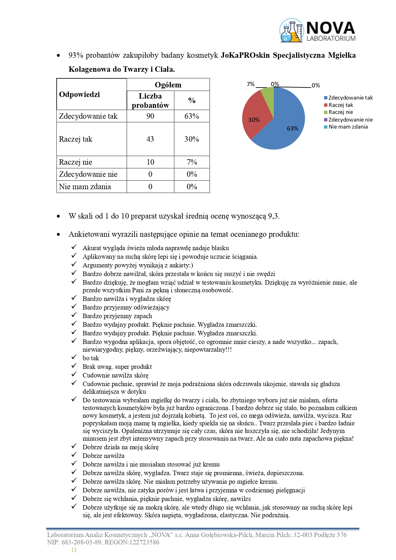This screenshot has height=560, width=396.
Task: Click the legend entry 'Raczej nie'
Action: pyautogui.click(x=340, y=112)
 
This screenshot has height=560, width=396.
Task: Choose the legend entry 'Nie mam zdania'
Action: pyautogui.click(x=348, y=127)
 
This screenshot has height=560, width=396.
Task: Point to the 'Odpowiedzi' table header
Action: pyautogui.click(x=79, y=94)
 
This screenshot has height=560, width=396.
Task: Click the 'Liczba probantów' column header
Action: pyautogui.click(x=150, y=101)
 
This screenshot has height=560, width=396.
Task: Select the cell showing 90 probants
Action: pyautogui.click(x=150, y=116)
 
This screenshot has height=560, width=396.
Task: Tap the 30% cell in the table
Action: pyautogui.click(x=192, y=139)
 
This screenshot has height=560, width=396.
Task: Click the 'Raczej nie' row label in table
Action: pyautogui.click(x=76, y=162)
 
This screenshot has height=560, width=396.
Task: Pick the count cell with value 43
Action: pyautogui.click(x=150, y=139)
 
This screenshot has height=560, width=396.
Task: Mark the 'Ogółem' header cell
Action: pyautogui.click(x=168, y=85)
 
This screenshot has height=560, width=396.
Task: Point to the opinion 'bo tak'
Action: pyautogui.click(x=91, y=358)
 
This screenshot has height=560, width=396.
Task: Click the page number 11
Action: pyautogui.click(x=74, y=550)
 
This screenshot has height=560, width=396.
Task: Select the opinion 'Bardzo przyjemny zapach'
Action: pyautogui.click(x=117, y=316)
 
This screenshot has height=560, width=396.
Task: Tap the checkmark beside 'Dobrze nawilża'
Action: pyautogui.click(x=74, y=455)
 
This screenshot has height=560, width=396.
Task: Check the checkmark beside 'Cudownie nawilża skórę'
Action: pyautogui.click(x=74, y=375)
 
